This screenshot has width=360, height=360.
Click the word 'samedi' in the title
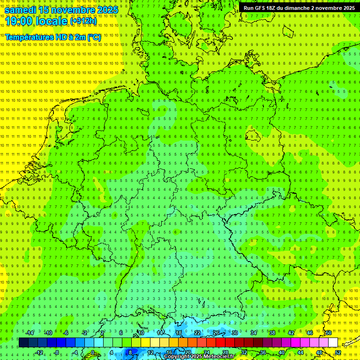[x=21, y=9]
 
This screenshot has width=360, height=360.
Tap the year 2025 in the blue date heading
[x=105, y=9]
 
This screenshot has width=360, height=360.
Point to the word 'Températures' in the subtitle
[x=29, y=37]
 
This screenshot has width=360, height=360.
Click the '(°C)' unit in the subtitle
[x=93, y=37]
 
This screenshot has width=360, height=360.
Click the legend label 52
[x=338, y=352]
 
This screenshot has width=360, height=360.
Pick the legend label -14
[x=30, y=333]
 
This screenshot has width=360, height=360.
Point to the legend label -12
[x=39, y=352]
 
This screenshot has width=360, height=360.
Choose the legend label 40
[x=282, y=352]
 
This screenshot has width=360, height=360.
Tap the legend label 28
[x=225, y=352]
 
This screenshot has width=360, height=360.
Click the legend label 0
[x=93, y=352]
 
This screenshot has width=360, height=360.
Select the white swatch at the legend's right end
[x=333, y=343]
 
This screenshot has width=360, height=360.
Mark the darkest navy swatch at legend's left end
[x=23, y=343]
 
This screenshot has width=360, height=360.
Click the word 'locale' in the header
[x=50, y=21]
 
